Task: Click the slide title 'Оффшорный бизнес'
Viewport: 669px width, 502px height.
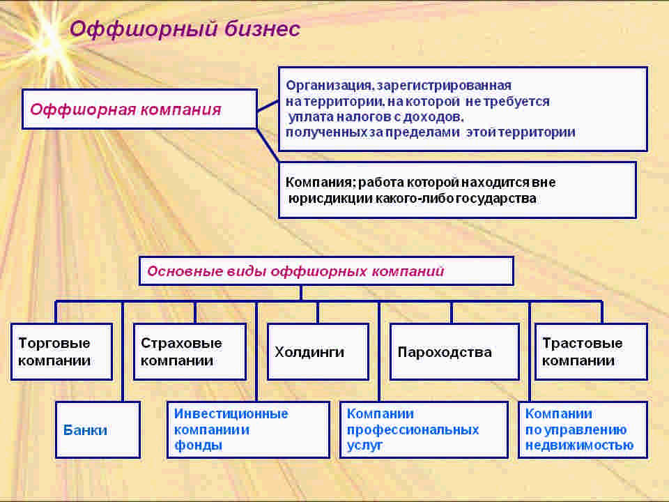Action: pos(185,29)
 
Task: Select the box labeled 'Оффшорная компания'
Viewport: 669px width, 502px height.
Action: pos(139,109)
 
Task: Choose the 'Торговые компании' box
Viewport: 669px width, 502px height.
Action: pos(61,351)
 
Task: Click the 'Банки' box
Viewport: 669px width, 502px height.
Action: pos(98,429)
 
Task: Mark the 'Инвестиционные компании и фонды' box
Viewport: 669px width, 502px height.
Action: pos(247,429)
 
